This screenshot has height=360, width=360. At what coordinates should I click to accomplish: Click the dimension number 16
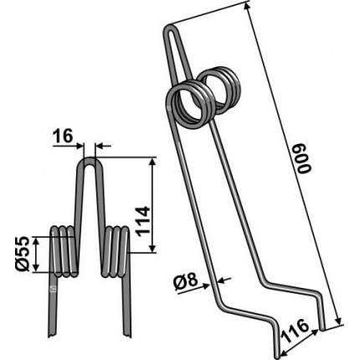63,136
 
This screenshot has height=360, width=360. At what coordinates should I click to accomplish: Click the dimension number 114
143,222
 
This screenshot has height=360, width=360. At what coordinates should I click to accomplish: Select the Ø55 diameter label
23,253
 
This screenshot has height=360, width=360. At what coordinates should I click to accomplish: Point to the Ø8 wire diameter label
185,282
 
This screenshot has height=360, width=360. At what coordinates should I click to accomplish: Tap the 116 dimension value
296,331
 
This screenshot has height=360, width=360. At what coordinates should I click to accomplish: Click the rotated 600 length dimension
304,158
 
